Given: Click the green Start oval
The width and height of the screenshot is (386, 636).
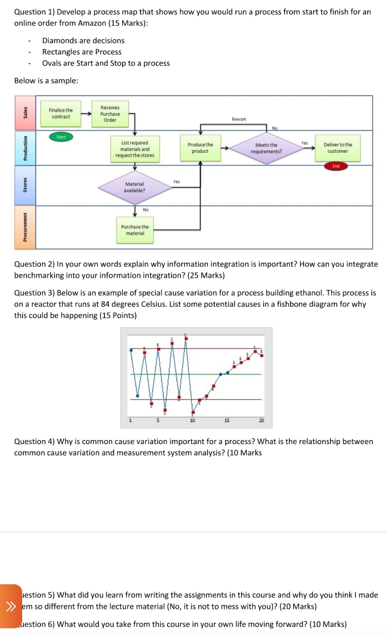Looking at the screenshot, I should tap(61, 137).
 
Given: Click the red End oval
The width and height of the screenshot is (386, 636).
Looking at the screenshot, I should tap(336, 166).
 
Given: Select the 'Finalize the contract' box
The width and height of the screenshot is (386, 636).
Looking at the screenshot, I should tap(61, 114).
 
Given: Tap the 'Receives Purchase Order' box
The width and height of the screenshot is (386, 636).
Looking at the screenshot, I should tap(110, 114).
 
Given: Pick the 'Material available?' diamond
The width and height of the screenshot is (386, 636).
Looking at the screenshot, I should tap(135, 187).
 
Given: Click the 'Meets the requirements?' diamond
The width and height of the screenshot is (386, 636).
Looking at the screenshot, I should tap(266, 148).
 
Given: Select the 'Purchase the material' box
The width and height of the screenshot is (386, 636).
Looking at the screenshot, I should tap(135, 230).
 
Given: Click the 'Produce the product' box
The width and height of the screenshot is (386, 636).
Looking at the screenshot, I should tap(200, 148).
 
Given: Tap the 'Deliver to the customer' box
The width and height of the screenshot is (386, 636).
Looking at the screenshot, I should tap(337, 148).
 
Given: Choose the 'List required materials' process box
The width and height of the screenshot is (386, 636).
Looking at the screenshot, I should tap(135, 149).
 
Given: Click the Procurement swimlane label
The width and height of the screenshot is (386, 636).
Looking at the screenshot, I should tap(25, 227).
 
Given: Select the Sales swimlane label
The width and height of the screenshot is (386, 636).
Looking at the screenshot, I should tap(25, 113).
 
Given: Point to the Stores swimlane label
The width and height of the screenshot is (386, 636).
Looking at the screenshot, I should tap(25, 185).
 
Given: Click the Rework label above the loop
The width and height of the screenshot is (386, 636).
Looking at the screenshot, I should tap(239, 119).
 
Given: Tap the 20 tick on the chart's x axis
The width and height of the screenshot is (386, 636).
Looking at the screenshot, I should tap(261, 420).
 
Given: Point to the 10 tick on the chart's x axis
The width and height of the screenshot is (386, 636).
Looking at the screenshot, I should tap(192, 420).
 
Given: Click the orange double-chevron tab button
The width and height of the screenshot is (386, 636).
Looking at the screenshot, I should tap(11, 606).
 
